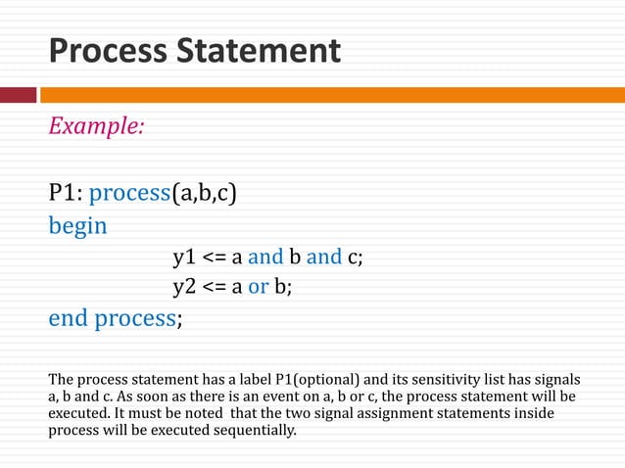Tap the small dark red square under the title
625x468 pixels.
(x=18, y=95)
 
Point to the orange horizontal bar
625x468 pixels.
(x=333, y=95)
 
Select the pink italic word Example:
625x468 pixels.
(x=97, y=126)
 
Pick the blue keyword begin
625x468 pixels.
(x=78, y=225)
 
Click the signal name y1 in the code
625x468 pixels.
(x=184, y=257)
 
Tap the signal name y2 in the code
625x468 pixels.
(x=184, y=287)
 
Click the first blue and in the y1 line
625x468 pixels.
(x=264, y=257)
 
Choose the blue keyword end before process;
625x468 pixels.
(x=69, y=319)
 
